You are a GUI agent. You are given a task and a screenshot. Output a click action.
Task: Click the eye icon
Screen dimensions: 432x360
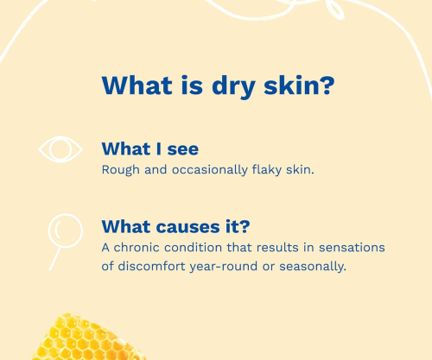click(x=60, y=149)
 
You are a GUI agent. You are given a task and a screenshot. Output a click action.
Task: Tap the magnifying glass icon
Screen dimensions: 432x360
click(x=66, y=231)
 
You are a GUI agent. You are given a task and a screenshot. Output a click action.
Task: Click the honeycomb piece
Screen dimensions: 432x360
click(x=86, y=338)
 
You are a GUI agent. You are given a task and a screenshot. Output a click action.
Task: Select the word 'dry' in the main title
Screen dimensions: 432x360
click(x=233, y=86)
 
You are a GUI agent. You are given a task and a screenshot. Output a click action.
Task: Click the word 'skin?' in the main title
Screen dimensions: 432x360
click(x=299, y=85)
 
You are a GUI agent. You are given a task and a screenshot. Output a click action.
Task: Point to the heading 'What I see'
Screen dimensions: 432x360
click(x=150, y=148)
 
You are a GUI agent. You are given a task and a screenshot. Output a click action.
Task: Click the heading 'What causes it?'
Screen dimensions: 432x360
click(x=175, y=226)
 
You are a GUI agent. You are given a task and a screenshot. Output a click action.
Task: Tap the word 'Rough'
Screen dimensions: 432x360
click(x=121, y=170)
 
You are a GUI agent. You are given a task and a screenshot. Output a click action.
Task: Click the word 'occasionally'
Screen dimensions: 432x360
click(x=210, y=169)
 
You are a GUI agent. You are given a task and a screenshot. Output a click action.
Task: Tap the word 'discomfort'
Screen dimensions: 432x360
click(x=151, y=266)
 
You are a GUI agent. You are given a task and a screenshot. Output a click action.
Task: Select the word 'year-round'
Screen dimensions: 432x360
click(x=224, y=267)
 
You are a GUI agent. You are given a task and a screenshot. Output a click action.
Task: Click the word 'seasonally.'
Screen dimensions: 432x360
click(x=313, y=267)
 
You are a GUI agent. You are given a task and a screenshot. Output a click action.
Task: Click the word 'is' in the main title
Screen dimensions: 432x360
click(x=192, y=85)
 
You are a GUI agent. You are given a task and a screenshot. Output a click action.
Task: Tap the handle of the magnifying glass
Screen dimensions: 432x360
click(x=55, y=258)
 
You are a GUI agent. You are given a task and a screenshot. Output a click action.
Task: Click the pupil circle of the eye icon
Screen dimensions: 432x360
click(x=60, y=149)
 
